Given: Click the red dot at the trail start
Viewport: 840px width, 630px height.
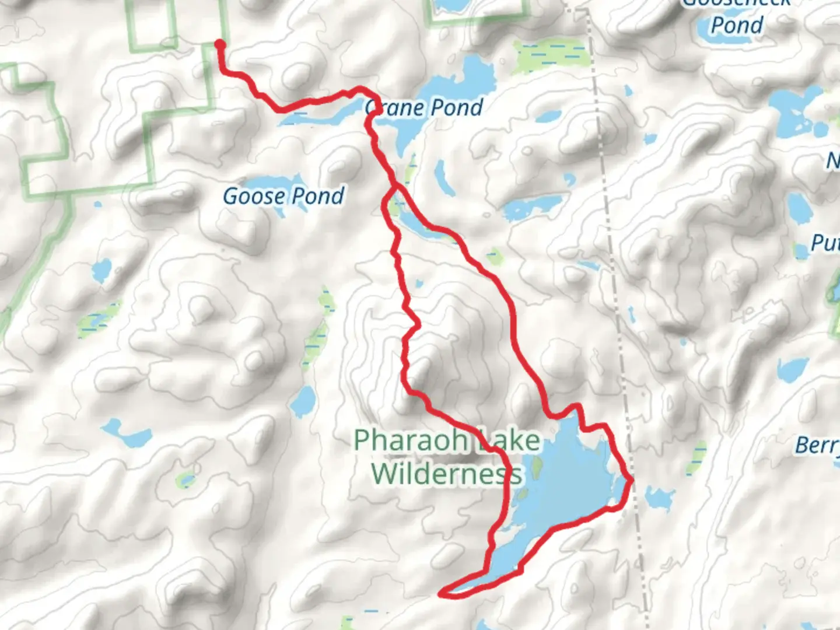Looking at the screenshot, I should tap(220, 44).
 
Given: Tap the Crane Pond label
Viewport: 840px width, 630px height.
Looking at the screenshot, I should tap(424, 107).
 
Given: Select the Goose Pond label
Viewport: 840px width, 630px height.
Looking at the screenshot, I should tap(283, 196).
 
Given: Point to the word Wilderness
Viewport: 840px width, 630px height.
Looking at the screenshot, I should tap(446, 473).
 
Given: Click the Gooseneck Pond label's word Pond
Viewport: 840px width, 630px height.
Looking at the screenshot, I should tap(737, 25).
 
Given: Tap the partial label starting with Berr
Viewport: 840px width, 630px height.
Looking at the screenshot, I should tap(817, 446).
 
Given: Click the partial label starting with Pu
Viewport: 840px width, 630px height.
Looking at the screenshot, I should tap(824, 243).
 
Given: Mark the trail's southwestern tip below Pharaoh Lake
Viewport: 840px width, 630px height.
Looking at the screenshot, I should tap(442, 594).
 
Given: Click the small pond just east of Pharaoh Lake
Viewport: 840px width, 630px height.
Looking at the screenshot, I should tap(659, 499).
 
